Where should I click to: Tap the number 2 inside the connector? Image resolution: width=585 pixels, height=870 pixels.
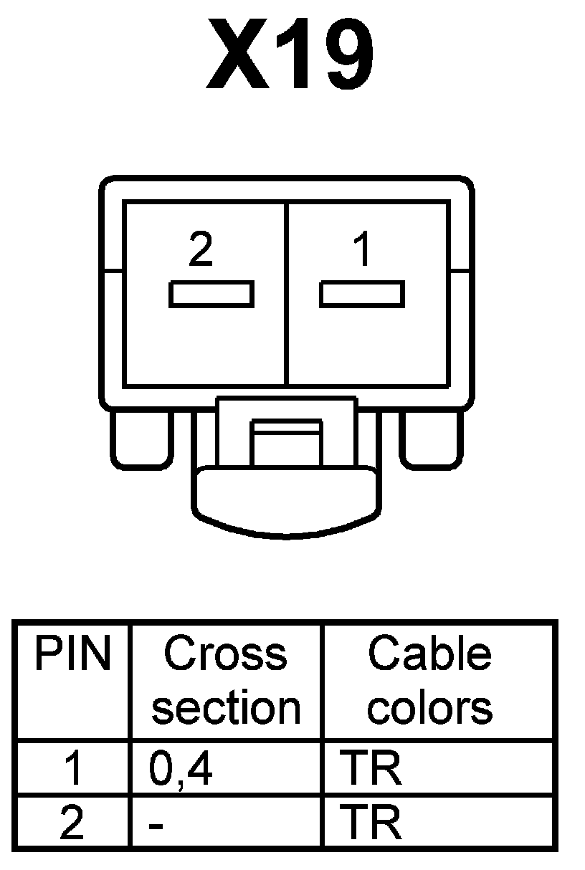(x=201, y=250)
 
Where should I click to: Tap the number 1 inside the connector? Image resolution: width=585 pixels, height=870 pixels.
(x=363, y=250)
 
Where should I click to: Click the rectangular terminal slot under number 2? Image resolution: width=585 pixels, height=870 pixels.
(x=211, y=295)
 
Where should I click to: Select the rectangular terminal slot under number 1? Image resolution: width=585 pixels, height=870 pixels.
(x=362, y=295)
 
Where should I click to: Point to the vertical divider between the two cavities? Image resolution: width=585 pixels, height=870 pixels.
(x=287, y=294)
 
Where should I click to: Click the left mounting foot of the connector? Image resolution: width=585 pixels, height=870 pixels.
(x=141, y=439)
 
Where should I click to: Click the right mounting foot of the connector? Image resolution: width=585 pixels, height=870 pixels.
(x=431, y=439)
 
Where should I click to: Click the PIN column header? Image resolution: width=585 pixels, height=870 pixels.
(x=73, y=654)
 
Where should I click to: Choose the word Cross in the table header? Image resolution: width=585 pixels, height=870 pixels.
(x=226, y=654)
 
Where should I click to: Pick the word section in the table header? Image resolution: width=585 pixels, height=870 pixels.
(x=226, y=708)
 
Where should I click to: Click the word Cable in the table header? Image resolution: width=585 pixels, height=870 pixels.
(x=429, y=654)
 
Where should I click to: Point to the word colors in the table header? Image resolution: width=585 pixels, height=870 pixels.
(x=429, y=708)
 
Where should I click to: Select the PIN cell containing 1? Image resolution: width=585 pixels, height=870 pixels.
(x=72, y=769)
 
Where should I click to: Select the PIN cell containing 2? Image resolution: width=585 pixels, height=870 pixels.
(x=72, y=823)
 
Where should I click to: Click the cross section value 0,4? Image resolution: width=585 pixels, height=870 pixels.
(x=181, y=769)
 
